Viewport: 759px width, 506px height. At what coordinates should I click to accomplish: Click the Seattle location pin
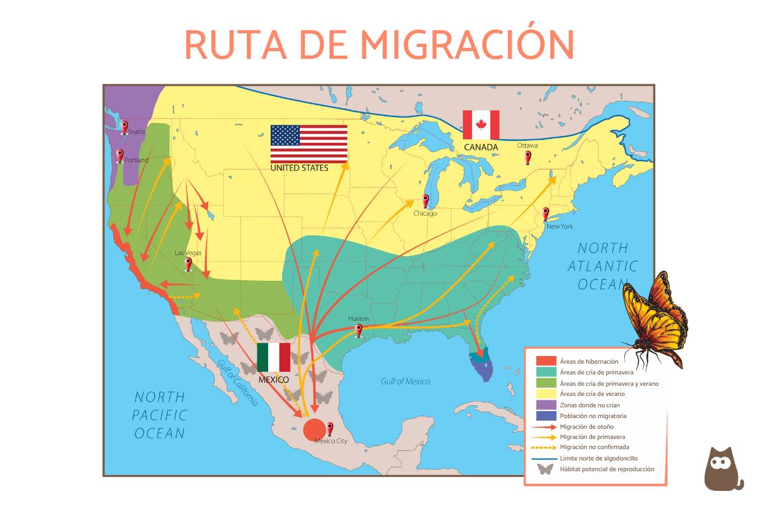(x=125, y=128)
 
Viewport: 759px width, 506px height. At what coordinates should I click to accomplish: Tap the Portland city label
(x=136, y=160)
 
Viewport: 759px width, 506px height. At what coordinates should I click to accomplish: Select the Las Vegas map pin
(x=188, y=263)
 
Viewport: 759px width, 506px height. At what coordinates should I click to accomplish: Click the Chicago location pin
(x=425, y=201)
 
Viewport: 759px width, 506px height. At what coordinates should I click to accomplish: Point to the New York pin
(x=545, y=214)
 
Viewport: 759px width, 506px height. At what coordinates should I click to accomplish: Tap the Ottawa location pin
(x=528, y=157)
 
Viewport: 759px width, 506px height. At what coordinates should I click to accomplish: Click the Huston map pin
(x=359, y=330)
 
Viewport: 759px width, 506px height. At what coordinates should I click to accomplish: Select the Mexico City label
(x=331, y=441)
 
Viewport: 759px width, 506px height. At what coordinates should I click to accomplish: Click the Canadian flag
(x=481, y=125)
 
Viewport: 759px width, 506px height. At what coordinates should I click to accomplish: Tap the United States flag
(x=309, y=144)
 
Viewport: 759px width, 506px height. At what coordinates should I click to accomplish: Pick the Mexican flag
(x=273, y=357)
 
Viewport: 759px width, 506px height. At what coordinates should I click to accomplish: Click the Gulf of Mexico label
(x=405, y=381)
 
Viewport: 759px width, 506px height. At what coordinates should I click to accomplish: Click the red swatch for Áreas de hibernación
(x=546, y=361)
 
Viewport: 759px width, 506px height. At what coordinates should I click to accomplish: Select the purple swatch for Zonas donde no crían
(x=546, y=404)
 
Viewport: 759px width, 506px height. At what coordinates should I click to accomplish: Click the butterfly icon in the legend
(x=545, y=469)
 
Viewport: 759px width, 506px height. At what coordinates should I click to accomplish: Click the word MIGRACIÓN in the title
(x=467, y=44)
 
